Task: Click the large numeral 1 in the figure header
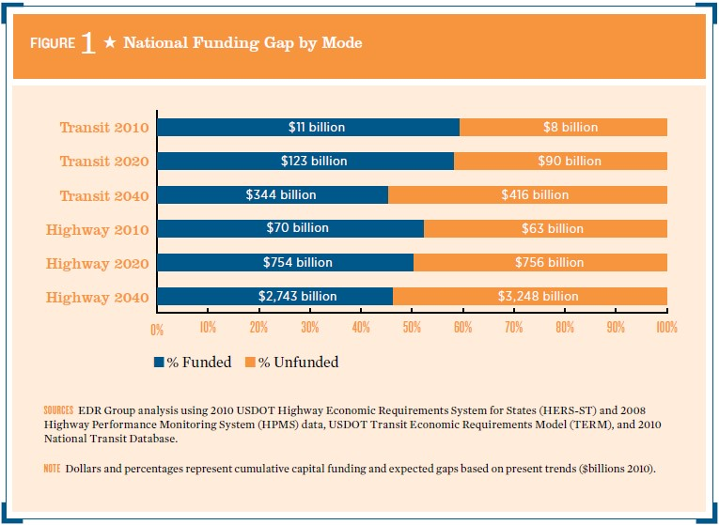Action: pyautogui.click(x=87, y=44)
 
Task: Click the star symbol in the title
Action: pyautogui.click(x=110, y=44)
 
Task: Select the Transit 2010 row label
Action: pyautogui.click(x=104, y=128)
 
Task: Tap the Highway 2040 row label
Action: pyautogui.click(x=98, y=297)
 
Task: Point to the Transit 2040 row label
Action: pyautogui.click(x=104, y=195)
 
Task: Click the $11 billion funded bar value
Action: pyautogui.click(x=316, y=127)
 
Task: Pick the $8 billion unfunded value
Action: pyautogui.click(x=570, y=127)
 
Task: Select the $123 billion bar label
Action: pyautogui.click(x=314, y=161)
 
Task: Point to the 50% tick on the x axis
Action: pyautogui.click(x=412, y=329)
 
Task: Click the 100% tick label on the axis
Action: pyautogui.click(x=665, y=329)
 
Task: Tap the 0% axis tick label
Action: pyautogui.click(x=157, y=329)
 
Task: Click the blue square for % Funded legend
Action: pyautogui.click(x=160, y=363)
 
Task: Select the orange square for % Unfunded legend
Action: pyautogui.click(x=250, y=363)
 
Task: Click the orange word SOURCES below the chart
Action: pyautogui.click(x=58, y=410)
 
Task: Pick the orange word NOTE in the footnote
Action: pyautogui.click(x=52, y=467)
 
